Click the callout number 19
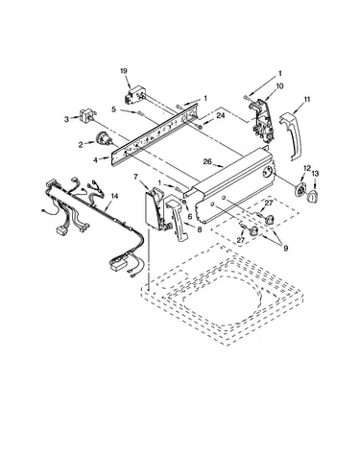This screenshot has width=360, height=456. coord(124,71)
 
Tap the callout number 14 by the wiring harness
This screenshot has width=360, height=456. coord(114,196)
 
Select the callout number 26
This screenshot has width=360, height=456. coord(207,161)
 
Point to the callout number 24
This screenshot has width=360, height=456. coord(221,115)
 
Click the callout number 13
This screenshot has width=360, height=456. coord(315,174)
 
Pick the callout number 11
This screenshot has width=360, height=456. coord(307,100)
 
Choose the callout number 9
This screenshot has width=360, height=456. coord(285,248)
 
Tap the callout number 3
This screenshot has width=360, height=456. coord(66,119)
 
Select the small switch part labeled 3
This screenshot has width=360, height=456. coord(87,115)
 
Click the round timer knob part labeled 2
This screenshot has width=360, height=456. coord(103,139)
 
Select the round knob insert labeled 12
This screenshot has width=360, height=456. coord(300,191)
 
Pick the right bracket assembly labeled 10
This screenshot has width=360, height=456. coord(262,121)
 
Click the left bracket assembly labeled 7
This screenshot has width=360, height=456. coord(156,209)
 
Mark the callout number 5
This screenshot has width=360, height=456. coord(113,109)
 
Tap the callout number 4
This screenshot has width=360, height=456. coord(96,159)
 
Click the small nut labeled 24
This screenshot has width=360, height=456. coord(200,128)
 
